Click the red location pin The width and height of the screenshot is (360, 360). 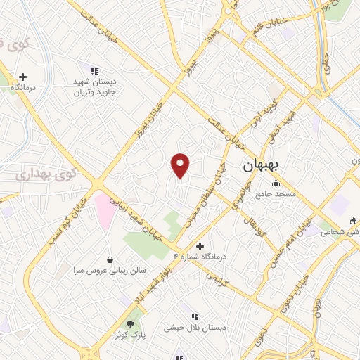click(x=181, y=165)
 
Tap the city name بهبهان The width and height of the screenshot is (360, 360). click(x=261, y=166)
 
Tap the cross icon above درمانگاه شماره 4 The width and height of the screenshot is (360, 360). click(x=200, y=246)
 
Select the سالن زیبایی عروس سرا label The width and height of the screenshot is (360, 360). click(x=108, y=270)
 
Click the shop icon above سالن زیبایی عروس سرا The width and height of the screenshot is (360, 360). click(x=109, y=259)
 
